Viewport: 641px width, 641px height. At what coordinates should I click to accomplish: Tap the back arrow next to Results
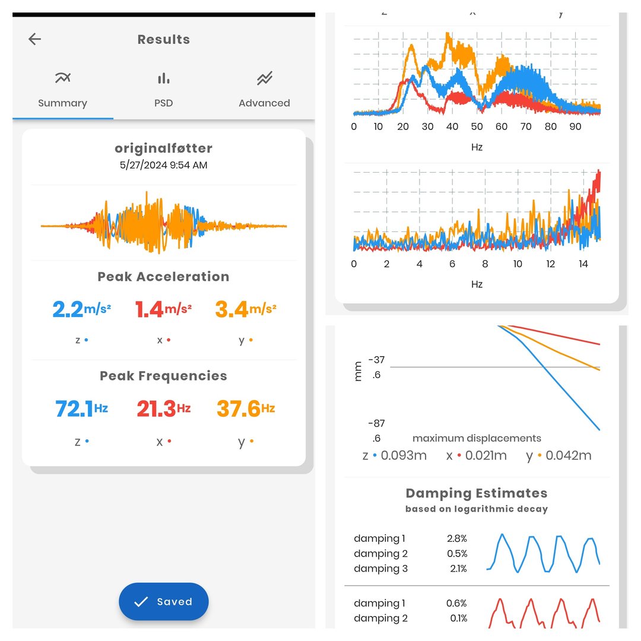coord(35,39)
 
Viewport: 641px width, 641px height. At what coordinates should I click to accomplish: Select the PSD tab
coord(163,89)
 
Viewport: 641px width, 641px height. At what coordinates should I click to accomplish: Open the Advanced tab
coord(264,89)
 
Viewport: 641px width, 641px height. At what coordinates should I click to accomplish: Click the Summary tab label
coord(62,103)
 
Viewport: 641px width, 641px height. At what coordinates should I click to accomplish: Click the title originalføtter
coord(163,148)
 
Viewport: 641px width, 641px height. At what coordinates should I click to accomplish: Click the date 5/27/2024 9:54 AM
coord(163,166)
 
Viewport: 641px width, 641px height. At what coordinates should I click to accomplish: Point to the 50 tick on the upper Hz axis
coord(477,126)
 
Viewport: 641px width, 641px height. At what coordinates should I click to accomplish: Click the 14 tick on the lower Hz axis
coord(583,264)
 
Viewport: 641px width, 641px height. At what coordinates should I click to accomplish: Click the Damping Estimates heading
coord(477,493)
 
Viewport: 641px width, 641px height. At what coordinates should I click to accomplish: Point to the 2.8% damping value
coord(457,539)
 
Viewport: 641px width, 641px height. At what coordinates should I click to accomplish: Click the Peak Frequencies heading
coord(163,376)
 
